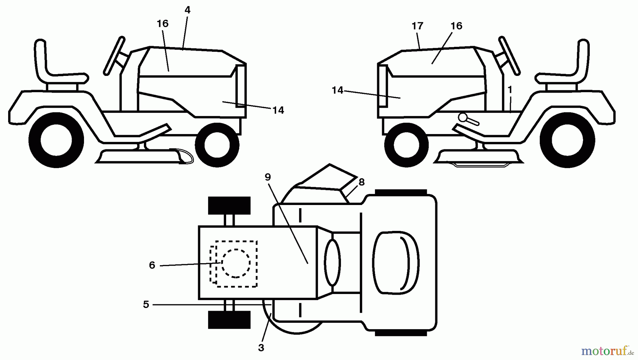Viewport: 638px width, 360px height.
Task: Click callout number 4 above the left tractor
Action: (x=188, y=10)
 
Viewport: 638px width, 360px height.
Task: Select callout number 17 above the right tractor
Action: (x=418, y=26)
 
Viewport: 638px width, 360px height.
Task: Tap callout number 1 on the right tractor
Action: (x=510, y=90)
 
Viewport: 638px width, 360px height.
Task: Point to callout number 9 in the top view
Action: (x=268, y=177)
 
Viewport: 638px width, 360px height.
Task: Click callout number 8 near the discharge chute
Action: (x=362, y=182)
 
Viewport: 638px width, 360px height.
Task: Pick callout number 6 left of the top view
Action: (x=152, y=265)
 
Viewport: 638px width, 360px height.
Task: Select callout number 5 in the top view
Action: (x=146, y=305)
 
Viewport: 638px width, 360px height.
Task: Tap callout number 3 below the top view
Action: (x=261, y=348)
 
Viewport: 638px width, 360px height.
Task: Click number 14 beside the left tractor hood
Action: (x=278, y=110)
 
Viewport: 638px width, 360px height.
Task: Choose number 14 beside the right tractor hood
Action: (x=337, y=90)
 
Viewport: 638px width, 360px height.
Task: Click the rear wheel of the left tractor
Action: (x=56, y=140)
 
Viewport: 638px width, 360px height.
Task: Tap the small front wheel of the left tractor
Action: (x=217, y=145)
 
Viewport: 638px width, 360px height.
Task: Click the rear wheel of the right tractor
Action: (x=567, y=140)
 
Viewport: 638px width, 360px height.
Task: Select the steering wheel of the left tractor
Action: (x=114, y=56)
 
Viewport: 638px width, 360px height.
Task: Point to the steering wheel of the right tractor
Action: (x=509, y=56)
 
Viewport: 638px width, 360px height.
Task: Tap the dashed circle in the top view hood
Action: (x=236, y=263)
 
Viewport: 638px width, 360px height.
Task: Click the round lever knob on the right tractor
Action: (x=462, y=117)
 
